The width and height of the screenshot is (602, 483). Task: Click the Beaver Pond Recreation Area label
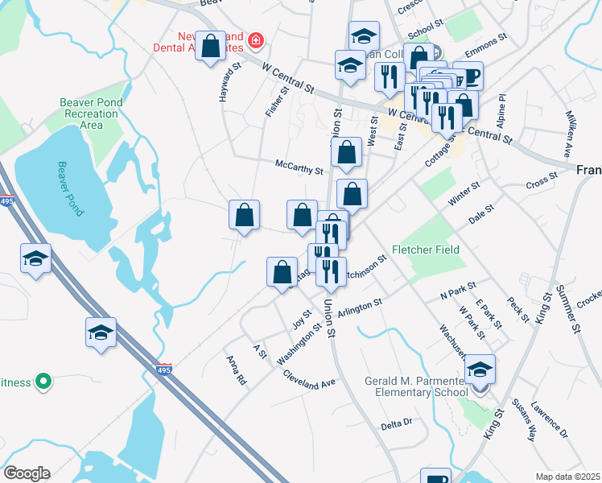coord(92,114)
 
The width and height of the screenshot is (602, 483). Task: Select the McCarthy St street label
coord(299,171)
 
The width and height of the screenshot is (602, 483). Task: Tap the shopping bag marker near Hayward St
coord(211,47)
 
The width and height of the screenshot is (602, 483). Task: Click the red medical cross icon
coord(256,39)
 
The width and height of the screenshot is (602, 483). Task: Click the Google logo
coord(27,473)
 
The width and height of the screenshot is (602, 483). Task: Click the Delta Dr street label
coord(396,423)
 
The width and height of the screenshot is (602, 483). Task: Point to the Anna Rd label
coord(236,369)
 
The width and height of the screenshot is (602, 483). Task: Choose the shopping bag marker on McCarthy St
coord(346,153)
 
